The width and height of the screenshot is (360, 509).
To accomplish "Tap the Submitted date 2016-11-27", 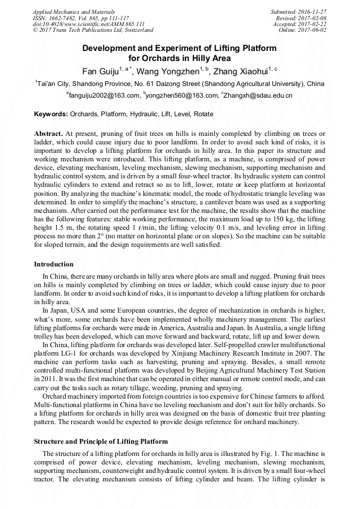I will [313, 11].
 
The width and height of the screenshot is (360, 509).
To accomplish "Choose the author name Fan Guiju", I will [100, 72].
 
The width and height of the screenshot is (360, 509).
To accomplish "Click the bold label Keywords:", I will [51, 114].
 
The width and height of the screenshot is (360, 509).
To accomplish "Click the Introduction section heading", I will [54, 264].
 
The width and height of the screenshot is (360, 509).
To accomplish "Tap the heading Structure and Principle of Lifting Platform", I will [101, 442].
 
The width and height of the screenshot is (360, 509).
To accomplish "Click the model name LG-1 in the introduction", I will [69, 353].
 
